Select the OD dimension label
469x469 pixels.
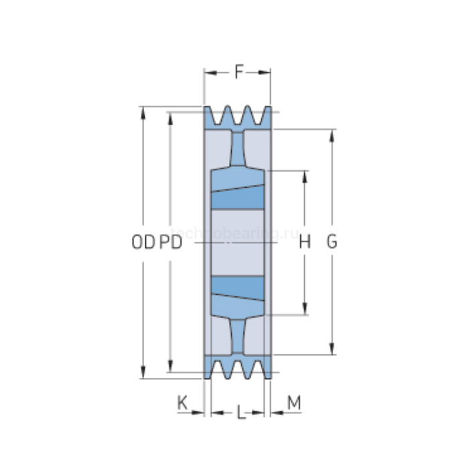[x=142, y=243]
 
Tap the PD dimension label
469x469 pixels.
[x=171, y=243]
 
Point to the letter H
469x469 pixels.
[x=305, y=243]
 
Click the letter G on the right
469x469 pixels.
[x=332, y=243]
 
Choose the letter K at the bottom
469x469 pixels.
[x=182, y=403]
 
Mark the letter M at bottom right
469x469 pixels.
[x=293, y=403]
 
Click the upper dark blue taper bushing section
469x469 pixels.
[x=237, y=197]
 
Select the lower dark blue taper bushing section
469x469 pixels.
[x=237, y=288]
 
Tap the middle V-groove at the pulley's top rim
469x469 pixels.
[x=238, y=117]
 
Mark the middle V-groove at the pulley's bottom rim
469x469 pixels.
[x=238, y=368]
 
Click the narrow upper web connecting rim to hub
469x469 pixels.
[x=238, y=147]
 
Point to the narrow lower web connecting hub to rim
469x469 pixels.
[x=238, y=335]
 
